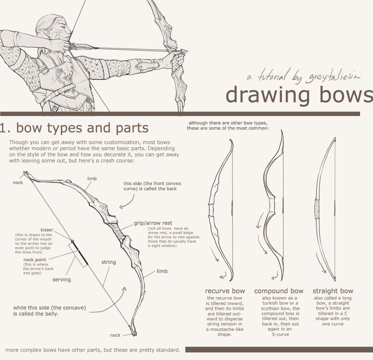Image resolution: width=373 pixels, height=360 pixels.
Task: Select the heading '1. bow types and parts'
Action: pyautogui.click(x=74, y=128)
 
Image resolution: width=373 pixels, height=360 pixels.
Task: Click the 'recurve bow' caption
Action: pyautogui.click(x=225, y=291)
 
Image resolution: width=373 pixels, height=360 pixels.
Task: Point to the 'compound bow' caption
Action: pyautogui.click(x=279, y=291)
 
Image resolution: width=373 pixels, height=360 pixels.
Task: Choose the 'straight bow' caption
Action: pyautogui.click(x=333, y=291)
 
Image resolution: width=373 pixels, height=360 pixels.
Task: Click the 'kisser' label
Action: pyautogui.click(x=47, y=230)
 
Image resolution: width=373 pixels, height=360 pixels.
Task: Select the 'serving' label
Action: pyautogui.click(x=62, y=279)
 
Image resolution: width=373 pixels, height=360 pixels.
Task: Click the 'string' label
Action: pyautogui.click(x=108, y=262)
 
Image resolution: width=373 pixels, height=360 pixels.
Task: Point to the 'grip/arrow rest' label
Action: pyautogui.click(x=153, y=223)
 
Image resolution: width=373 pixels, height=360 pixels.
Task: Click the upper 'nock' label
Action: pyautogui.click(x=18, y=183)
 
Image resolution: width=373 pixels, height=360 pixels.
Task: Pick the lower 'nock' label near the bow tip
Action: pyautogui.click(x=115, y=335)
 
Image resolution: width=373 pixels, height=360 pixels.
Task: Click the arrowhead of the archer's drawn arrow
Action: pyautogui.click(x=184, y=51)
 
